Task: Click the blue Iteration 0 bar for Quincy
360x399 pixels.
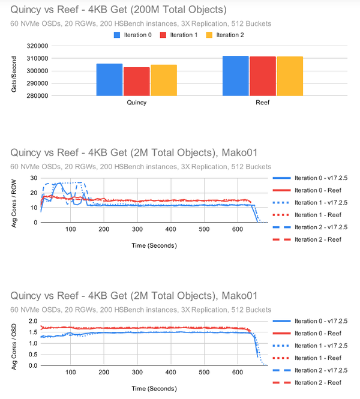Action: point(109,79)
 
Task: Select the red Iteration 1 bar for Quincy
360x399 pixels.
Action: point(137,81)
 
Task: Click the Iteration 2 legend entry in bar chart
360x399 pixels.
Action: point(231,35)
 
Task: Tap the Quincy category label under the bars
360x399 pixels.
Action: point(137,103)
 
